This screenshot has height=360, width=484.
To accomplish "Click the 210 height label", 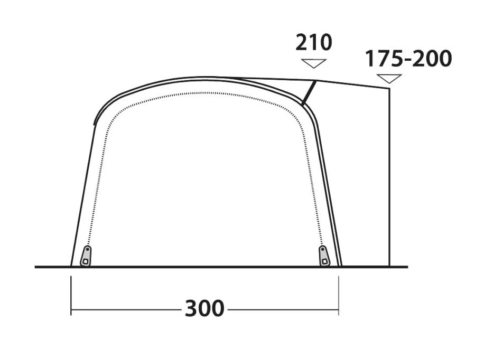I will tap(314, 42).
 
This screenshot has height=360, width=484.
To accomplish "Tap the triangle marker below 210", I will tap(313, 63).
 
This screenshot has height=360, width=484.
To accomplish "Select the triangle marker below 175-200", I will tap(389, 79).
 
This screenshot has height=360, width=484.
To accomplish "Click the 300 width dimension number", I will tap(204, 308).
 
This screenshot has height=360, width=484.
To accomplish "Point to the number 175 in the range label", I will tap(383, 59).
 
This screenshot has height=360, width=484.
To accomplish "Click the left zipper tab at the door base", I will tap(85, 256).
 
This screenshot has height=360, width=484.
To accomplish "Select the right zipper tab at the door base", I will tap(324, 256).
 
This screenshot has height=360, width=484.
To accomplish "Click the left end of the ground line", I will tap(36, 267).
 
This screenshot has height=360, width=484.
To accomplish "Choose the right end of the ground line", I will tap(407, 267).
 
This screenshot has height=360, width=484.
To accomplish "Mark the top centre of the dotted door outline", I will tap(206, 93).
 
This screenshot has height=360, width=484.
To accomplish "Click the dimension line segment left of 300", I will tap(127, 308).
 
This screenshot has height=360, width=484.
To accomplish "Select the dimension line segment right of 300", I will tap(283, 308).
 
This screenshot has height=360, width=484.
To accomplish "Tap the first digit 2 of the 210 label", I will tap(302, 42).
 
